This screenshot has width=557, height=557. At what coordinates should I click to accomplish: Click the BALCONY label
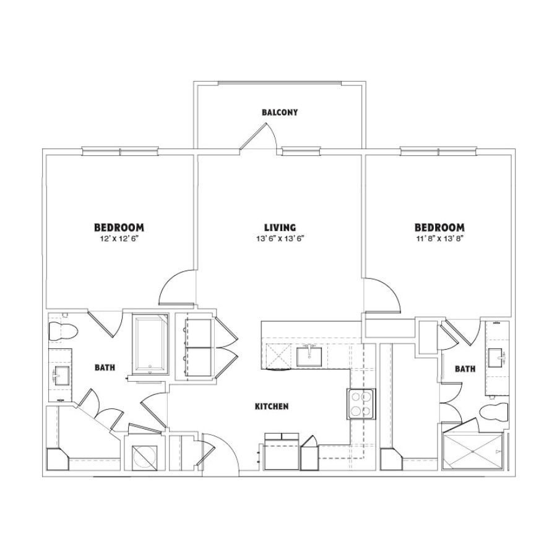coord(280,112)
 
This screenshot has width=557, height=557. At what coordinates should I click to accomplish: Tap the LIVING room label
coord(280,227)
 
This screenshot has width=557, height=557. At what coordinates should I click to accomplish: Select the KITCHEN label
coord(272,407)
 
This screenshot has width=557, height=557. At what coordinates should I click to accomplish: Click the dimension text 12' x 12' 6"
coord(119,239)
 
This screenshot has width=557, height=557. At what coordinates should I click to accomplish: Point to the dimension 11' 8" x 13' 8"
coord(439,239)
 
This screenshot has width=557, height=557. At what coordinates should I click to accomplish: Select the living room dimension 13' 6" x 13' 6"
coord(280,239)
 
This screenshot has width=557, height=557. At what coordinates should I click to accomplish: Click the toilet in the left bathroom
coord(63,331)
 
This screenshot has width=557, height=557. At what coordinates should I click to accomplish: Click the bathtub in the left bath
coord(150,343)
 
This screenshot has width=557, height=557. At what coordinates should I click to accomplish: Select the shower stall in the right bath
coord(473,451)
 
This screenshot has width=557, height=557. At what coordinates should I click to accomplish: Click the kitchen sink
coord(309,356)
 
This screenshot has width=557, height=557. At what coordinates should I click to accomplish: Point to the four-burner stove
coord(361,404)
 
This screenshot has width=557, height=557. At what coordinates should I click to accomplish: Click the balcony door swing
coord(259,136)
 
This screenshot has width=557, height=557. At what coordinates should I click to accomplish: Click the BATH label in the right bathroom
coord(465,369)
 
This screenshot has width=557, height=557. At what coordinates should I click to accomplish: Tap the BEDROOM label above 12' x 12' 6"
coord(119,227)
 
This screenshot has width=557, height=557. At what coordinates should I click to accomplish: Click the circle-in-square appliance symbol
coord(145,457)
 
